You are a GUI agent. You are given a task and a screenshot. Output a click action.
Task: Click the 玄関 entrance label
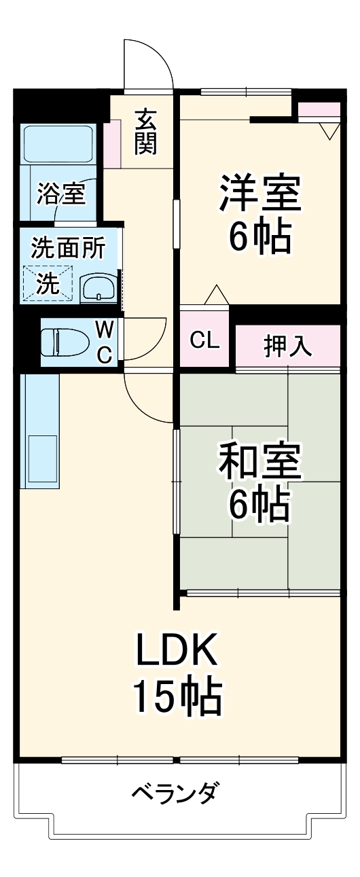point(145,132)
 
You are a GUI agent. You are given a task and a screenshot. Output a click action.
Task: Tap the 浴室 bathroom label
point(61,194)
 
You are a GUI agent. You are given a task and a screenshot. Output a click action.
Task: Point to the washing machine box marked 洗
point(48,283)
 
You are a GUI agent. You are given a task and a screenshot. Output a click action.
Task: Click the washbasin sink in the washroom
point(99,289)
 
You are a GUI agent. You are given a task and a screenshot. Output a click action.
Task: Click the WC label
point(104,342)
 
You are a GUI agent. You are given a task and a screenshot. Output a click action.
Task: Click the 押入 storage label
point(287,346)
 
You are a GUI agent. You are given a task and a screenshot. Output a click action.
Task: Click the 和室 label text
point(259,461)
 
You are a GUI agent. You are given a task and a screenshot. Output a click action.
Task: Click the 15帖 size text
point(177,696)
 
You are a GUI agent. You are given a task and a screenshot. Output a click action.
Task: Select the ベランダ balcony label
point(175,792)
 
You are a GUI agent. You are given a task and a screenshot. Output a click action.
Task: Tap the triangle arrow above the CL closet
point(215,296)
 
